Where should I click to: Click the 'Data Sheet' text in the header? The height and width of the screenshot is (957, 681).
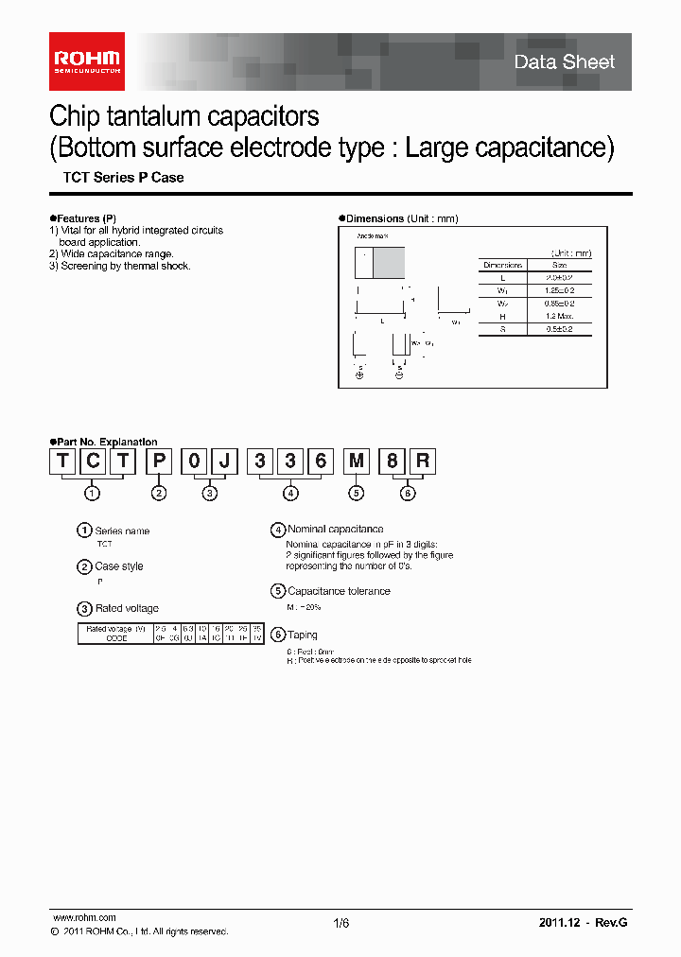[564, 62]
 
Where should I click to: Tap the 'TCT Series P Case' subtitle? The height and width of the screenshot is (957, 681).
[123, 178]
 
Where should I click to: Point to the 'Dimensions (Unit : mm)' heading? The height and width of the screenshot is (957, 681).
[402, 218]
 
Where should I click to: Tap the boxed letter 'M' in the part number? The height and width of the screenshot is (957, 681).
[356, 461]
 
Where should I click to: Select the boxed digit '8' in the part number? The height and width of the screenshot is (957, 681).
[389, 461]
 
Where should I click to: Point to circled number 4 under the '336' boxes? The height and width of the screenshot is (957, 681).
[290, 493]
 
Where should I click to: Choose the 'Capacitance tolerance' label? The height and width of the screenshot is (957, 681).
[339, 591]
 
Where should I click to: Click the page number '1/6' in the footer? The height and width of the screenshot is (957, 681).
[341, 924]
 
